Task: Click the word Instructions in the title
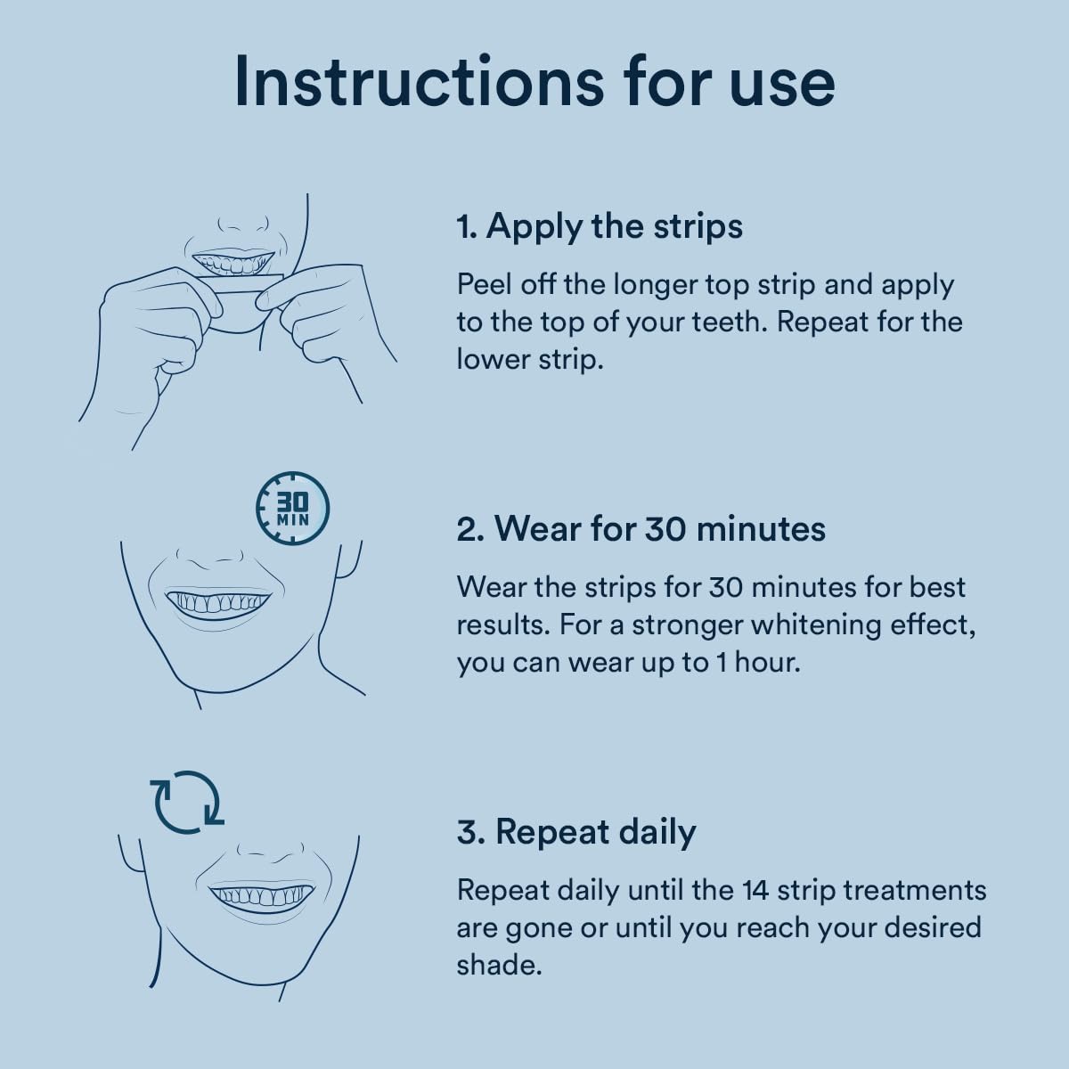[x=419, y=82]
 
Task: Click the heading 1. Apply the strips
[x=600, y=227]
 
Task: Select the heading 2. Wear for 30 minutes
[x=641, y=528]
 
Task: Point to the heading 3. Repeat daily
[x=576, y=833]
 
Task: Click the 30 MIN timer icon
[x=292, y=508]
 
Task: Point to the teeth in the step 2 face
[x=218, y=602]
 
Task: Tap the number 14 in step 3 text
[x=755, y=891]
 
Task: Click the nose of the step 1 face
[x=242, y=224]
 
